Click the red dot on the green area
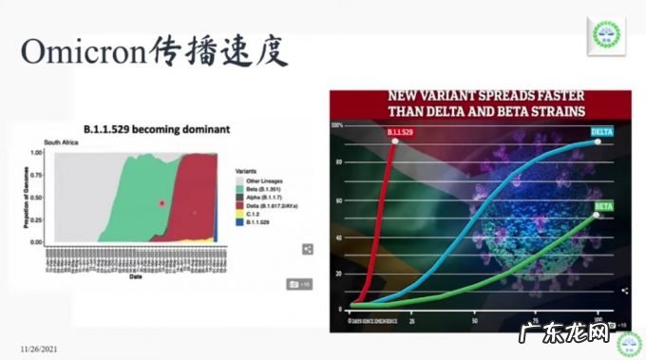coord(162,202)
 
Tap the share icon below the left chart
coord(308,249)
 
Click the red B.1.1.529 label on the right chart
coord(402,131)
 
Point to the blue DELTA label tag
coord(602,130)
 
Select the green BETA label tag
coord(603,205)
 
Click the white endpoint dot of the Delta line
coord(598,142)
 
